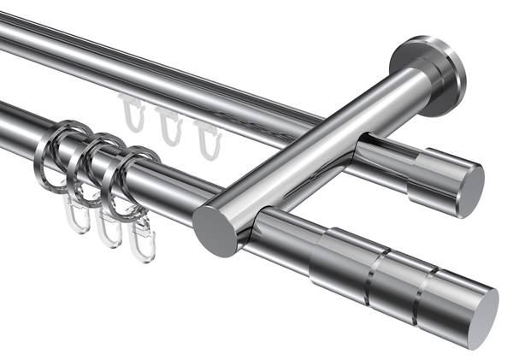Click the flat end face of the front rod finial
(482, 317)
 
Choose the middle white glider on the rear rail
(170, 126)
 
